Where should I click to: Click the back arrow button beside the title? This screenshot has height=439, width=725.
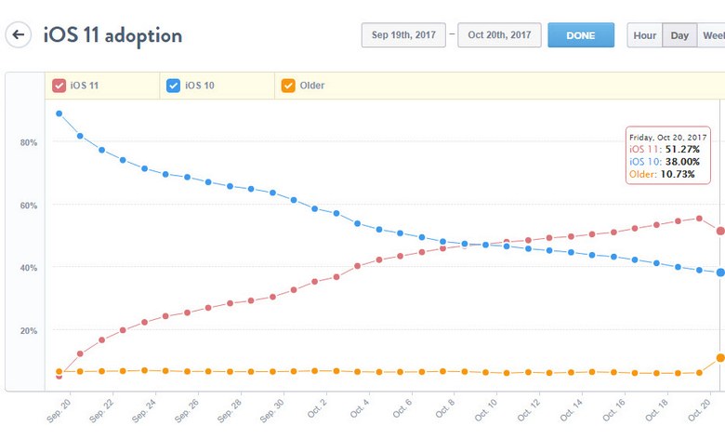click(19, 35)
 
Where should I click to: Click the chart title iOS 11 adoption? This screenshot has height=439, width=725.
click(112, 35)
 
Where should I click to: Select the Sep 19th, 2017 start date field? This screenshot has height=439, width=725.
click(403, 35)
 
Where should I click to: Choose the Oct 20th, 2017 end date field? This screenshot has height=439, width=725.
click(499, 35)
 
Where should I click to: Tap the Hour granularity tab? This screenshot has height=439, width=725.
click(644, 35)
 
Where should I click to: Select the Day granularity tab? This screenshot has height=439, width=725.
click(679, 35)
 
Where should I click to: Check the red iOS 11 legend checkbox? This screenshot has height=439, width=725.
click(59, 86)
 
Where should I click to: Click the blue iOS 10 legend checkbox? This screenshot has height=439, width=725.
click(173, 86)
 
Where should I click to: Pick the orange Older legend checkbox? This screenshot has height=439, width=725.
click(288, 86)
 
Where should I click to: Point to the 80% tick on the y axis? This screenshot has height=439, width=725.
click(28, 142)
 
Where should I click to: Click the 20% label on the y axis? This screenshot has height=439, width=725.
click(28, 331)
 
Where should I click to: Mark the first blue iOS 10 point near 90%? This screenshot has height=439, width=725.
click(59, 113)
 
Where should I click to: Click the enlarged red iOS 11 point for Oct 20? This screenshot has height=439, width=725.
click(720, 231)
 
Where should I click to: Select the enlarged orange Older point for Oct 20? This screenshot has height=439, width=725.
click(720, 358)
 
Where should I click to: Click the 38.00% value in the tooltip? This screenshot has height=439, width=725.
click(682, 161)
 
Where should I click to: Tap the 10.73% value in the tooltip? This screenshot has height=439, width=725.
click(679, 173)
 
